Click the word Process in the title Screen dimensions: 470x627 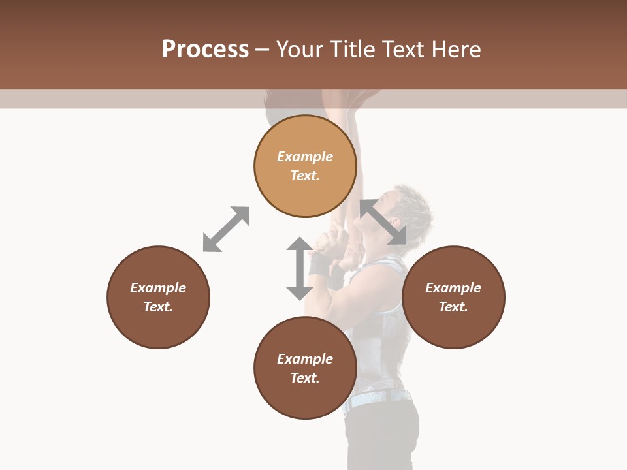coord(205,50)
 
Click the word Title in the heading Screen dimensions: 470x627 coord(351,50)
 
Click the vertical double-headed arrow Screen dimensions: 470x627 coord(299,268)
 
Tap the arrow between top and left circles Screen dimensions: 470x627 coord(226,229)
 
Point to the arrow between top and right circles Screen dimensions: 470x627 coord(383,221)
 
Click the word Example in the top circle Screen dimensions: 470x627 coord(305,157)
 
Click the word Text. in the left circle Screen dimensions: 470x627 coord(158,307)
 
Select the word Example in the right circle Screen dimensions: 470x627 coord(453,288)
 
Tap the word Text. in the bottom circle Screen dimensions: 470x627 coord(305,378)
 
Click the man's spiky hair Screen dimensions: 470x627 coord(411,199)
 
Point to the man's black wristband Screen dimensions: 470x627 coord(320,264)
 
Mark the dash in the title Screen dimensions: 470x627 coord(263,50)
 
